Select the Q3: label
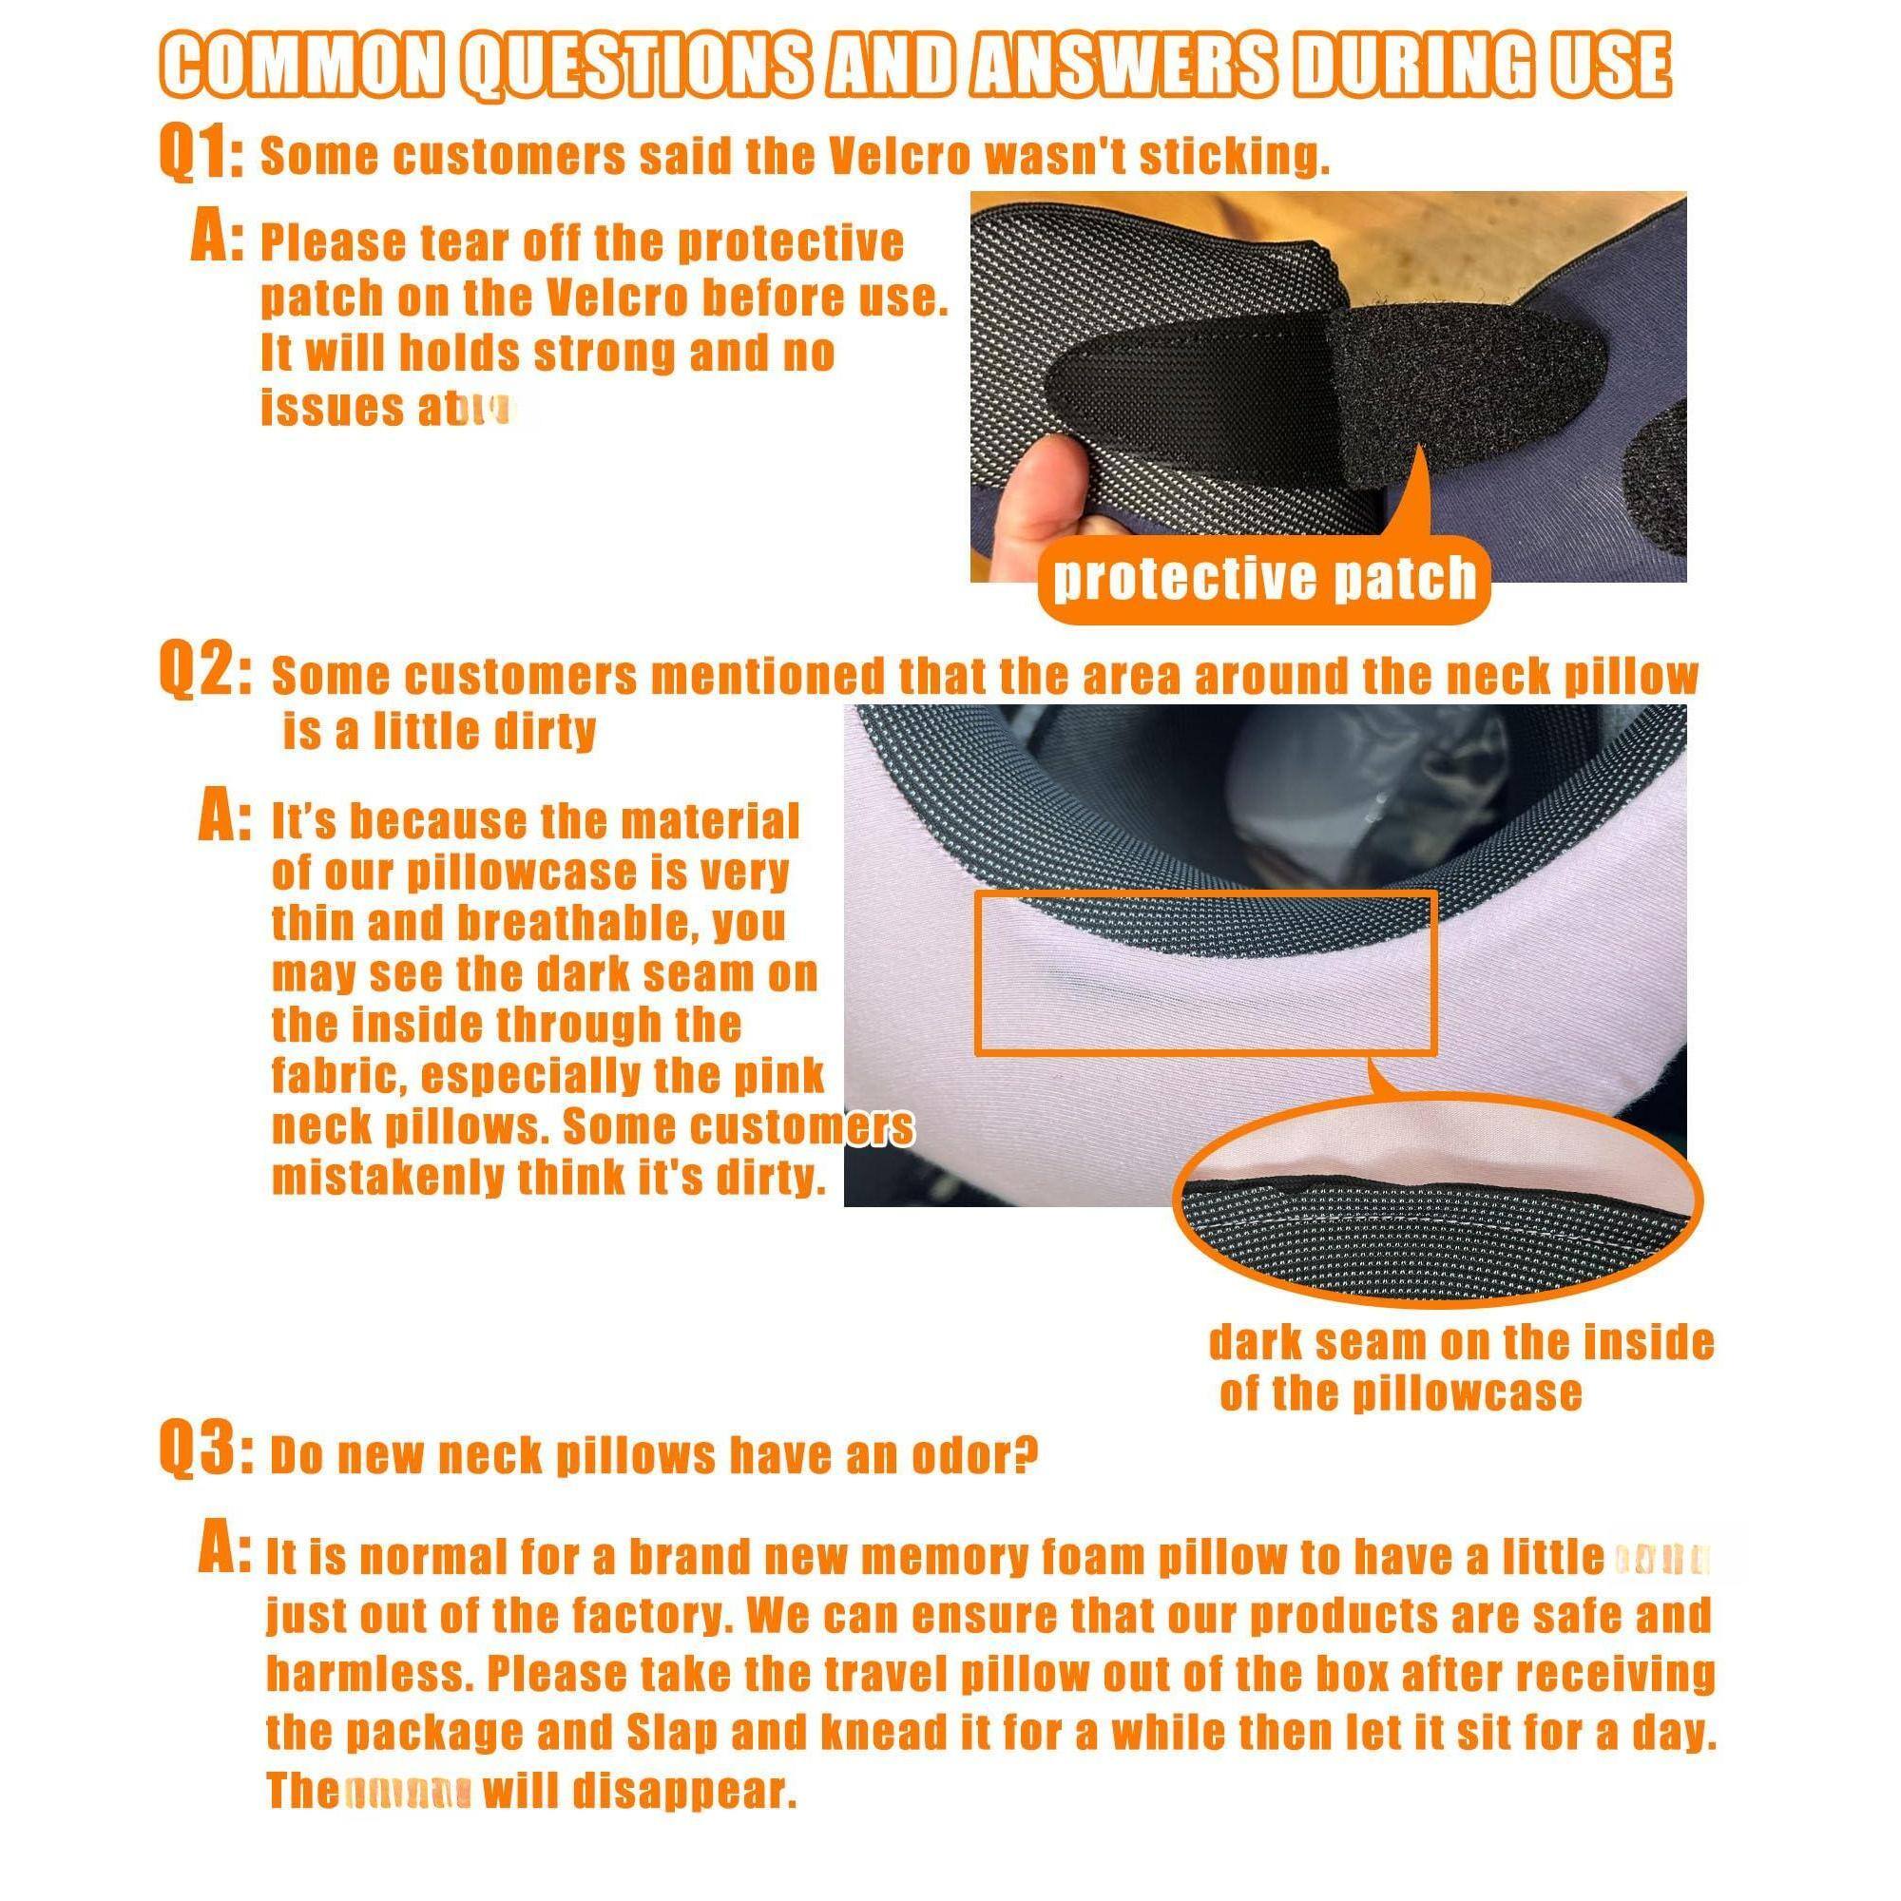click(204, 1454)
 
